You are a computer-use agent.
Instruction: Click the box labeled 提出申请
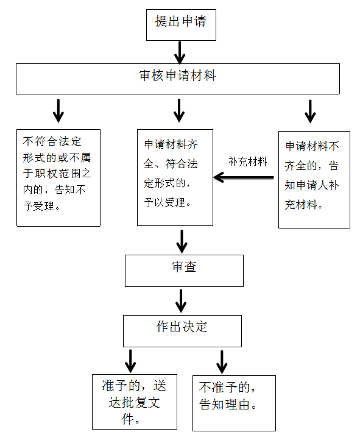click(181, 25)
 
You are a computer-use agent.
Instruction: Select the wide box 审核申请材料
click(178, 79)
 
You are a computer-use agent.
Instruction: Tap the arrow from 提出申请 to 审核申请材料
click(180, 52)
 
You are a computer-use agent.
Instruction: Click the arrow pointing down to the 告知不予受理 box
click(58, 111)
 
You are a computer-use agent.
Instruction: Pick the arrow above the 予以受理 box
click(179, 110)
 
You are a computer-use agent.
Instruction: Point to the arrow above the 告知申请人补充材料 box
click(310, 111)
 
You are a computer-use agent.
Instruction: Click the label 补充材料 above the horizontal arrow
click(248, 161)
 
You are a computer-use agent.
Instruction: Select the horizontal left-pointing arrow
click(244, 177)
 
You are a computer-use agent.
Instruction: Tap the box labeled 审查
click(185, 271)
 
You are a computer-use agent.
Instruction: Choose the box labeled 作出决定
click(182, 331)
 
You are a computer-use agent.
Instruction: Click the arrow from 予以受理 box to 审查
click(182, 241)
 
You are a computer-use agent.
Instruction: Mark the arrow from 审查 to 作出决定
click(181, 301)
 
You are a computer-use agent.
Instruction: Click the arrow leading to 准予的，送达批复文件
click(130, 361)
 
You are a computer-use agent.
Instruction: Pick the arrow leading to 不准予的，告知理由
click(222, 362)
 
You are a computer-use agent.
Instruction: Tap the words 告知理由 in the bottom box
click(224, 405)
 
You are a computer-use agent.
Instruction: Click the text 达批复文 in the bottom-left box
click(134, 403)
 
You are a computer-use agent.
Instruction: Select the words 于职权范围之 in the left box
click(57, 173)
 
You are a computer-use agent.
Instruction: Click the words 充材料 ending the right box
click(301, 205)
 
